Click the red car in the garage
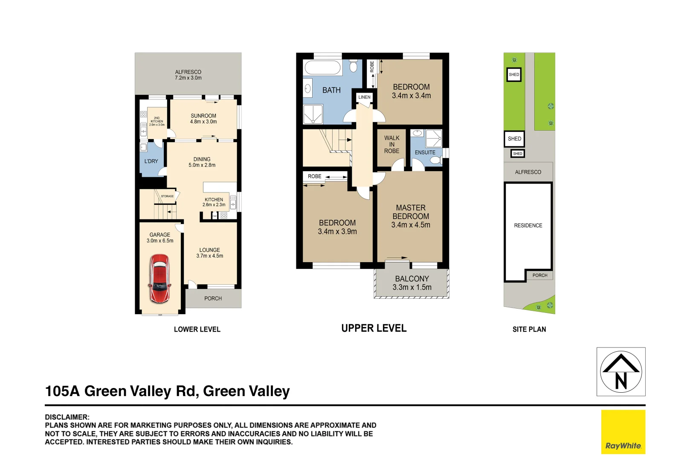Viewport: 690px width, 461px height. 159,278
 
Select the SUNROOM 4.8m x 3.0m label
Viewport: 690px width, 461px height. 203,119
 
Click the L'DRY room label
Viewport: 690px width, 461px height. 151,161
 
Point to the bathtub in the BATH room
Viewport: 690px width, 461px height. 322,68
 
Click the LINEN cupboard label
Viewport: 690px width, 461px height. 364,97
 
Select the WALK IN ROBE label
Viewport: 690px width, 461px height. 391,144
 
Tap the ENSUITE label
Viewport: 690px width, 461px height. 425,152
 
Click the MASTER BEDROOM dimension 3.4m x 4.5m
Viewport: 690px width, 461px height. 411,225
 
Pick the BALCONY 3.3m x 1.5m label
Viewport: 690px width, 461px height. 412,283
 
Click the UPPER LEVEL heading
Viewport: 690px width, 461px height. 374,328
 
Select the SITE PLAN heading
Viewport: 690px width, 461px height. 529,329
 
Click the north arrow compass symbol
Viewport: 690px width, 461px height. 621,372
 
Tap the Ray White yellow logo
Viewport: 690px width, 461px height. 623,432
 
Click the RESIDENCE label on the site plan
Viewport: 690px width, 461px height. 528,225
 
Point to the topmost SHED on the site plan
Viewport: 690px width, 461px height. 514,75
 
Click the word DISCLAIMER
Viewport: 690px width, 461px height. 67,417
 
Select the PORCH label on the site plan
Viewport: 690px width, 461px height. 539,275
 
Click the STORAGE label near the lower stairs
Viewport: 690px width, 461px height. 167,196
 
